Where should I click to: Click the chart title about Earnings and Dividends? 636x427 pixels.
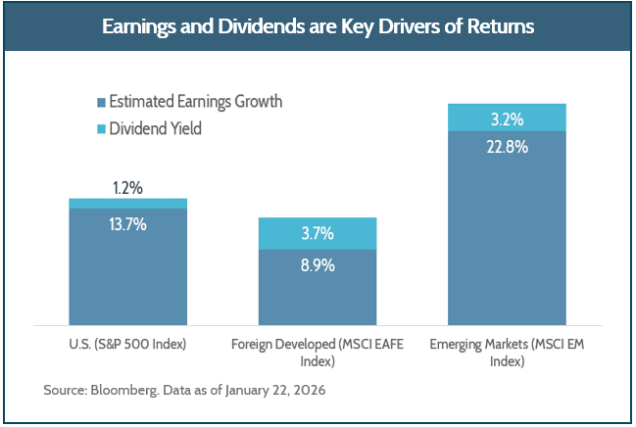click(318, 26)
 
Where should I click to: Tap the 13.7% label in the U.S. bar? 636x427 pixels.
click(127, 224)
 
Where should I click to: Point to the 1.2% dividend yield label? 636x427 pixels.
click(127, 186)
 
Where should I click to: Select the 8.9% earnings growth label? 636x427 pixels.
click(318, 264)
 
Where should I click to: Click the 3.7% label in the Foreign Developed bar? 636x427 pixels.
click(318, 233)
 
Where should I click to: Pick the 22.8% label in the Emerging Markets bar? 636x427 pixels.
click(507, 148)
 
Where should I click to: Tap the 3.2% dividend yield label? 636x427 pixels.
click(507, 119)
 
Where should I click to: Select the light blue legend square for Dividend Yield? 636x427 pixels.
click(101, 127)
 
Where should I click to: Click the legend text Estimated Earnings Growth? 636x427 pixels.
click(195, 102)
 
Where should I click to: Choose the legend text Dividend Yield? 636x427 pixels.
click(155, 127)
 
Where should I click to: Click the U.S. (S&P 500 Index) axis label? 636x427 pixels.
click(127, 344)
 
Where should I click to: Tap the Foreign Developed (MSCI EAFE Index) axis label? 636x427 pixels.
click(318, 352)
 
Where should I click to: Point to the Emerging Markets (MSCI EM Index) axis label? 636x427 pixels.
click(507, 352)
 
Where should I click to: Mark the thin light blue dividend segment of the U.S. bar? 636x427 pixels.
click(127, 203)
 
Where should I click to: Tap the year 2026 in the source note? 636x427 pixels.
click(306, 391)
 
